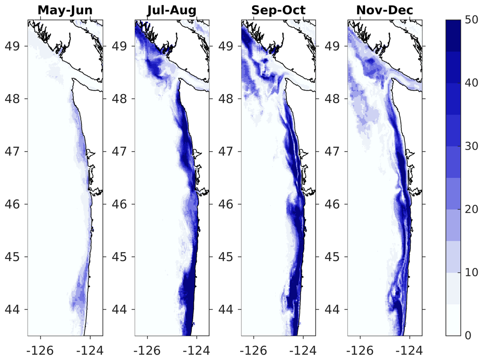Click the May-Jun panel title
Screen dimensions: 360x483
65,10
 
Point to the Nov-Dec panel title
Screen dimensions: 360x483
384,10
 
